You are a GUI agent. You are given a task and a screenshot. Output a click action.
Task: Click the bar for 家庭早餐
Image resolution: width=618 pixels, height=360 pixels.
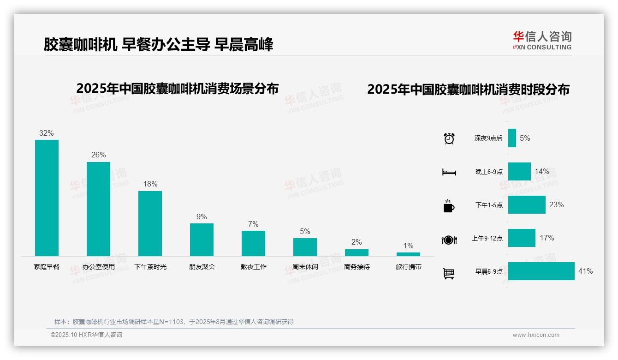pyautogui.click(x=47, y=198)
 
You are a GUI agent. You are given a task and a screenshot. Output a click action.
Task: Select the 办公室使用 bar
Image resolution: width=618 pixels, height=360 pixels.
pyautogui.click(x=98, y=209)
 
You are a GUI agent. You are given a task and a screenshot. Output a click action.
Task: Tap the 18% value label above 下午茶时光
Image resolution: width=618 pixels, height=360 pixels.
pyautogui.click(x=150, y=184)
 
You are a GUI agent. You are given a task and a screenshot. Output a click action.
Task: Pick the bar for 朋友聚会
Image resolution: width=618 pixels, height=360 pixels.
pyautogui.click(x=202, y=240)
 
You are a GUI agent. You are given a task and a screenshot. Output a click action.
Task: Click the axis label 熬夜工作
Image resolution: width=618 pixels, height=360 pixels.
pyautogui.click(x=253, y=267)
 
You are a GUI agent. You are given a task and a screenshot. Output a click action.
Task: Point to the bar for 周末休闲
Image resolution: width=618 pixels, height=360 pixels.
pyautogui.click(x=305, y=247)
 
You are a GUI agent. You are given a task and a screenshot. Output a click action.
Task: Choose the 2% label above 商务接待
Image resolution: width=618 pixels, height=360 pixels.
pyautogui.click(x=357, y=242)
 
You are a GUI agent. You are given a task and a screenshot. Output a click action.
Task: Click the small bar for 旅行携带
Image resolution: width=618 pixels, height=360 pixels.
pyautogui.click(x=408, y=254)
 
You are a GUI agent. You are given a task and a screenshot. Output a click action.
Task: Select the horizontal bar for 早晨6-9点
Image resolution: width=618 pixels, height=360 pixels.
pyautogui.click(x=541, y=271)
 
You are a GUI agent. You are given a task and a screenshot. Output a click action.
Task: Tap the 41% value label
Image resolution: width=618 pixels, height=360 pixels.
pyautogui.click(x=585, y=271)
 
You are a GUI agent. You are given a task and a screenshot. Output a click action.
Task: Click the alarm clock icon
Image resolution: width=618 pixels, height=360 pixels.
pyautogui.click(x=449, y=138)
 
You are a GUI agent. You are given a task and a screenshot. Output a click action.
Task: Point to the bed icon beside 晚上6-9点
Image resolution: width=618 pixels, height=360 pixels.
pyautogui.click(x=449, y=172)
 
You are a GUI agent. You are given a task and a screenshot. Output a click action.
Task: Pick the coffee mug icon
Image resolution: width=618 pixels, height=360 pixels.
pyautogui.click(x=448, y=206)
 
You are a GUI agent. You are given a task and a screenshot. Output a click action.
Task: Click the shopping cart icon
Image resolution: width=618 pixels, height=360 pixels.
pyautogui.click(x=448, y=273)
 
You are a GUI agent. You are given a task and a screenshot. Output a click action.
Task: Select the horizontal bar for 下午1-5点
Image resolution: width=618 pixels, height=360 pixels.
pyautogui.click(x=527, y=205)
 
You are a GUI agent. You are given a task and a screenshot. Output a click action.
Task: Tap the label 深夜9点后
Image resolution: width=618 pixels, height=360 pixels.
pyautogui.click(x=488, y=138)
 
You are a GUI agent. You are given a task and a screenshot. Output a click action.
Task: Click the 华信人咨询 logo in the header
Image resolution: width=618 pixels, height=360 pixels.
pyautogui.click(x=542, y=40)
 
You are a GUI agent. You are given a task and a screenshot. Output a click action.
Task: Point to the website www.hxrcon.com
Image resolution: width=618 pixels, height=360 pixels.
pyautogui.click(x=536, y=335)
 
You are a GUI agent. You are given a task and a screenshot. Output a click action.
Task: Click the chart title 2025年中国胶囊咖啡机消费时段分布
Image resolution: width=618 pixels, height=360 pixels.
pyautogui.click(x=468, y=90)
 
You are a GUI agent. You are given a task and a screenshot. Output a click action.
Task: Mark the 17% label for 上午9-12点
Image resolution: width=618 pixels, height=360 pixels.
pyautogui.click(x=547, y=238)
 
